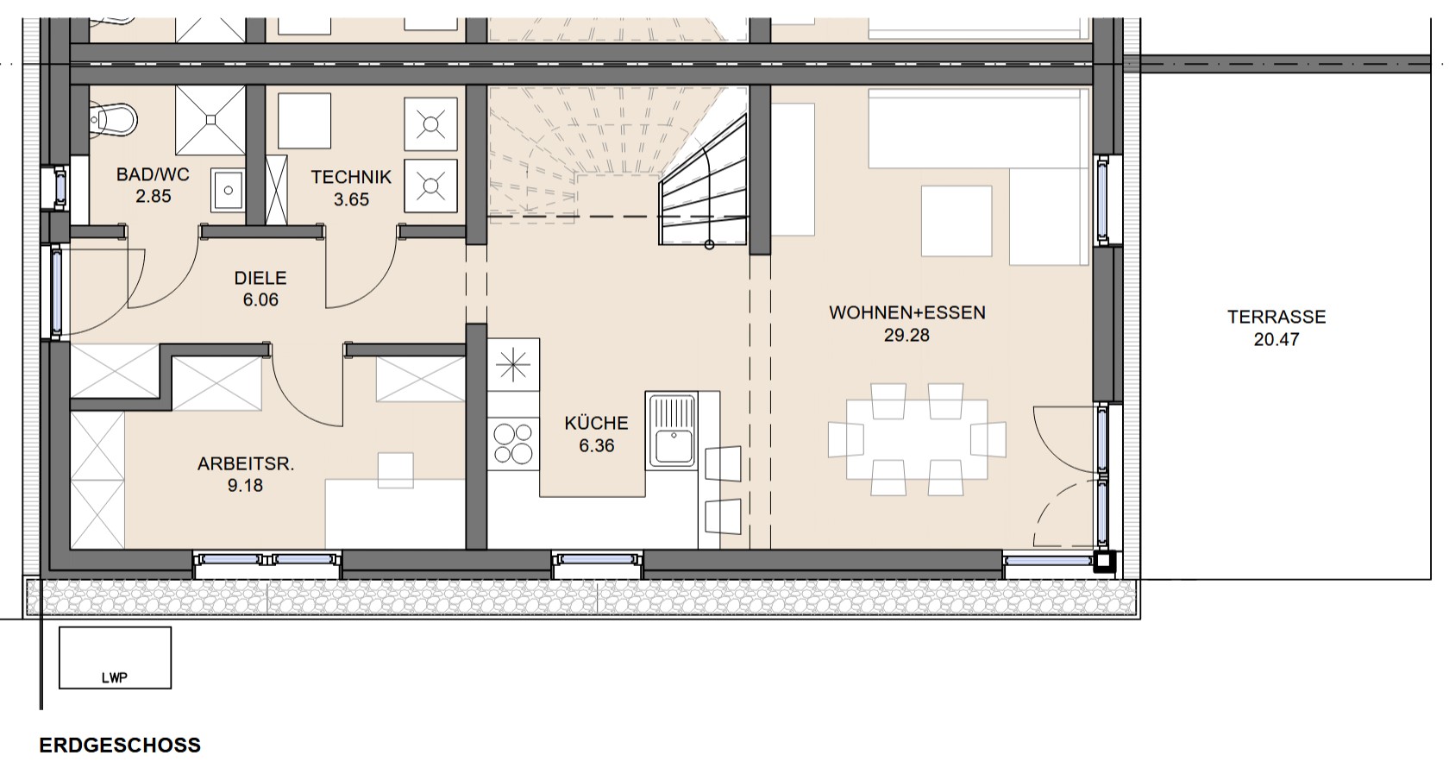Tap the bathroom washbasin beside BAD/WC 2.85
click(x=228, y=190)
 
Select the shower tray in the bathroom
click(x=210, y=120)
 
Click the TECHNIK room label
click(x=351, y=177)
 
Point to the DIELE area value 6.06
click(x=260, y=300)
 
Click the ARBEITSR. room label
click(x=246, y=464)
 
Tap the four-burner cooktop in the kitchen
click(x=514, y=444)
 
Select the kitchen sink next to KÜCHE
click(x=673, y=430)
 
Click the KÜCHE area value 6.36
click(x=597, y=446)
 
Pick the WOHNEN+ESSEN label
click(x=907, y=313)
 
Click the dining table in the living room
click(x=917, y=439)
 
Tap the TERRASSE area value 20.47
click(x=1276, y=340)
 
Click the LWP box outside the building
click(x=116, y=658)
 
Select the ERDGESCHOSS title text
click(x=121, y=746)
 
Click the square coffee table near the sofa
click(x=957, y=221)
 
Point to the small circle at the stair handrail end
click(x=709, y=244)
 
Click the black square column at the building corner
click(x=1104, y=562)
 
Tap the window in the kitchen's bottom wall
click(x=597, y=560)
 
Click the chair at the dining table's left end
click(x=846, y=440)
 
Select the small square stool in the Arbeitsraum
click(x=396, y=470)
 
